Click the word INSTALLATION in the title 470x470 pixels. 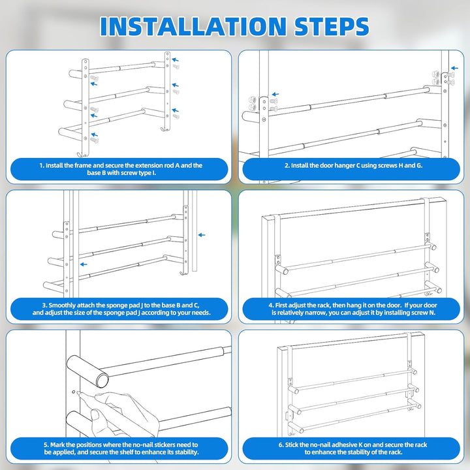coord(193,26)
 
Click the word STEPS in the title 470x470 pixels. coord(332,26)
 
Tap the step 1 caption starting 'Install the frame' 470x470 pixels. coord(121,169)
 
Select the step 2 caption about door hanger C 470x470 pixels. coord(353,165)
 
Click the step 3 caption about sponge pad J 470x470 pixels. coord(121,309)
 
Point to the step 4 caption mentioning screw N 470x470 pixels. coord(352,309)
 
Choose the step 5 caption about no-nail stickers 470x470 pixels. coord(121,448)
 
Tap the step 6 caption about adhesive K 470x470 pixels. coord(352,448)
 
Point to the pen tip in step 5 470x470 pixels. coord(78,392)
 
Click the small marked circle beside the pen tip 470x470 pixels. coord(73,392)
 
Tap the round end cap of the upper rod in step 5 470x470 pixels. coord(102,380)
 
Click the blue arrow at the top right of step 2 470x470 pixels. coord(455,69)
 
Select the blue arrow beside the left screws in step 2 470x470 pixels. coord(275,95)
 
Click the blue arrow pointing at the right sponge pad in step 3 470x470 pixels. coord(202,235)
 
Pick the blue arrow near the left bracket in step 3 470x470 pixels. coord(84,264)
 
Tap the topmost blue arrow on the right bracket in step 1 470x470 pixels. coord(176,59)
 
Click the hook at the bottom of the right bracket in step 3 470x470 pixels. coord(183,273)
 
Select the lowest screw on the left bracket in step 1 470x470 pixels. coord(95,140)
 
